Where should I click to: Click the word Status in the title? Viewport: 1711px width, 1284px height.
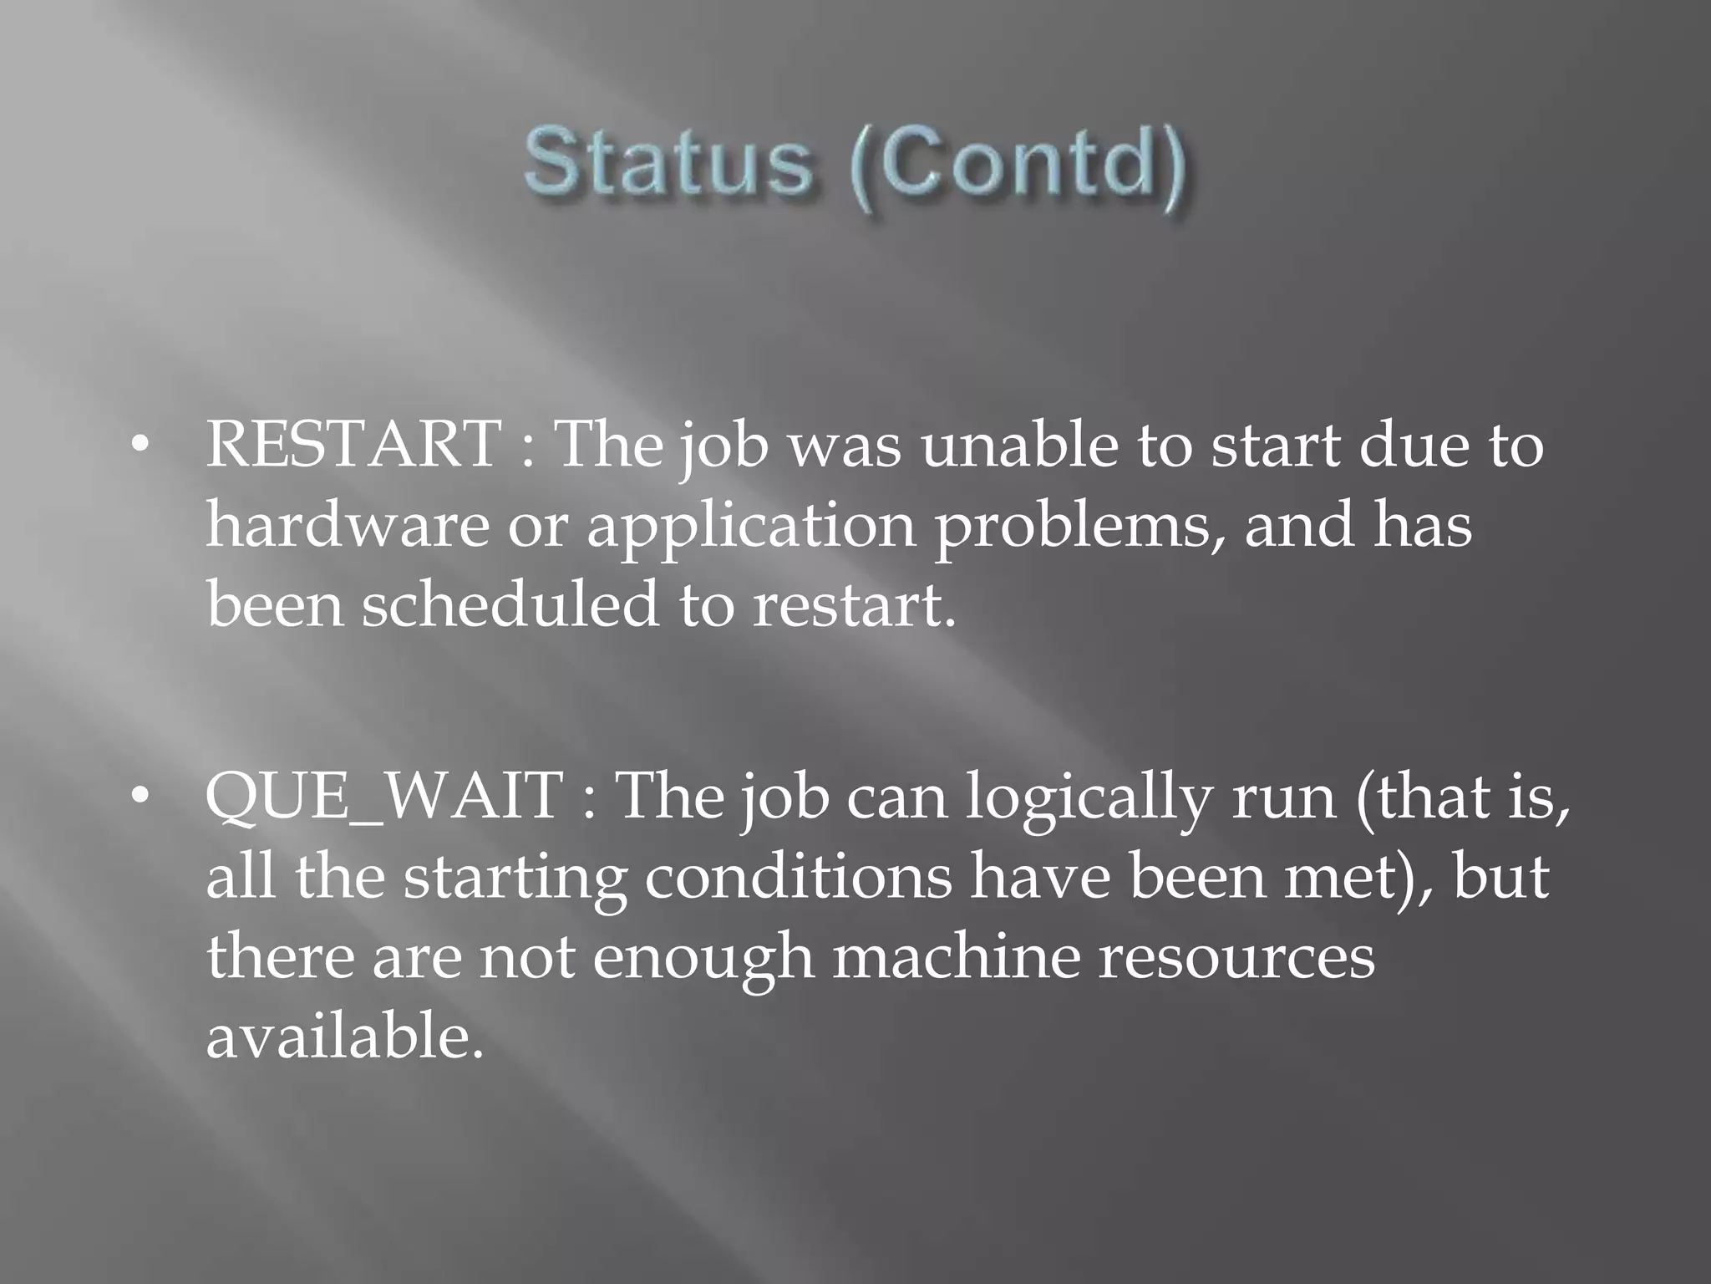[668, 164]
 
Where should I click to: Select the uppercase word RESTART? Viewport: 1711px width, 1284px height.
[354, 444]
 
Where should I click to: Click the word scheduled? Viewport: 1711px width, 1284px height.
[510, 604]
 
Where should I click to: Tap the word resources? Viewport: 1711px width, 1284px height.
[1236, 958]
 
